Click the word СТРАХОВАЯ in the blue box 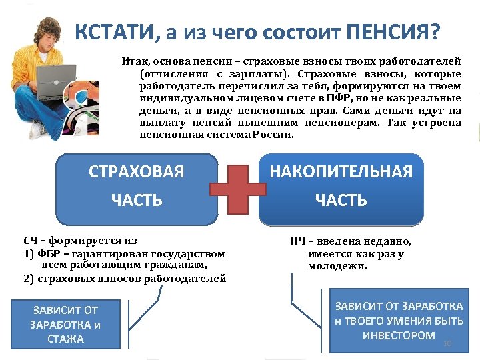click(136, 172)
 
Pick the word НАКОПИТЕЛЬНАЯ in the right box click(341, 172)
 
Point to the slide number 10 click(447, 343)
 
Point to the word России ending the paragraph click(273, 135)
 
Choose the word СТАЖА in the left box click(65, 339)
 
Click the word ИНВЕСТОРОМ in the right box click(399, 335)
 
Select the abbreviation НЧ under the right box click(298, 241)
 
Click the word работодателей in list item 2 click(192, 278)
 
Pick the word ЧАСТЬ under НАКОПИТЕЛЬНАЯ click(341, 200)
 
